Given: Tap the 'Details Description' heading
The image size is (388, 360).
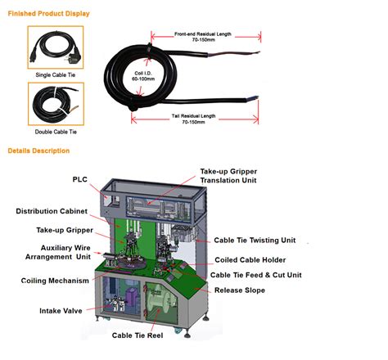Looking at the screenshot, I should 38,151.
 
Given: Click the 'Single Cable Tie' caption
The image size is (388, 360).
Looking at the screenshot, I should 56,74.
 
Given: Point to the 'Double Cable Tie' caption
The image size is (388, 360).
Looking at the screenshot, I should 56,132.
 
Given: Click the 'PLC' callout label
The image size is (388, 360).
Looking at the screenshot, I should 80,178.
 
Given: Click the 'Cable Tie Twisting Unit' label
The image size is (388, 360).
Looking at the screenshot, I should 255,241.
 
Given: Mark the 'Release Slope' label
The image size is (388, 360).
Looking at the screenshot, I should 238,290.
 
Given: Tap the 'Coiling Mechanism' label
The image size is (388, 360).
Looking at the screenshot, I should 54,281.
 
